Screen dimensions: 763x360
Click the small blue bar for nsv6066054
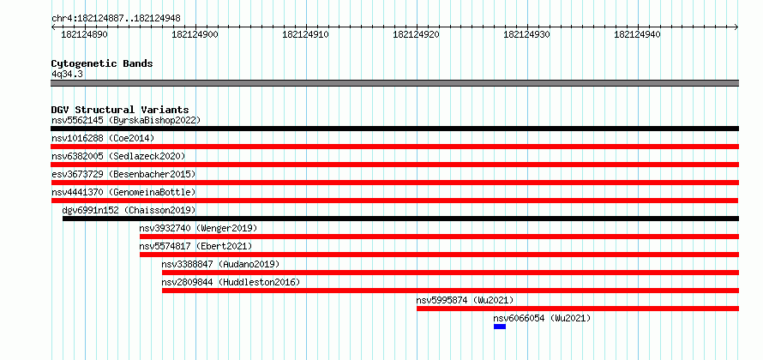[500, 327]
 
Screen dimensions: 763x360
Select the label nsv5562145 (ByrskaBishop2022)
[126, 120]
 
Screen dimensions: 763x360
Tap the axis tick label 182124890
[85, 34]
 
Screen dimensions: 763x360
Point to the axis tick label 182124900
[195, 34]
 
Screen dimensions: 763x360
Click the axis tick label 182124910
[305, 34]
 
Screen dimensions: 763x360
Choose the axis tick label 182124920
[416, 34]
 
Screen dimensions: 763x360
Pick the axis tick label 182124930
[526, 34]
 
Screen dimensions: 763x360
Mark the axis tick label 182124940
[638, 34]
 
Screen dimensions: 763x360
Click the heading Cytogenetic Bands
[102, 63]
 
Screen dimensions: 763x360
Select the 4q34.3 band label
[67, 74]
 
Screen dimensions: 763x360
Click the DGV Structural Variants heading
[120, 110]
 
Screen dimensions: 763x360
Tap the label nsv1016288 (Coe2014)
[103, 138]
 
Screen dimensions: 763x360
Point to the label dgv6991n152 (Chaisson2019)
[129, 210]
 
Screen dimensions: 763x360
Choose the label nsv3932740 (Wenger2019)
[198, 228]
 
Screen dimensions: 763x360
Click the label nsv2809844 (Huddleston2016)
[231, 282]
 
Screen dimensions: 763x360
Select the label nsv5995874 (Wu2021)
[465, 300]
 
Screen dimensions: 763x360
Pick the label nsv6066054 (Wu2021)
[542, 318]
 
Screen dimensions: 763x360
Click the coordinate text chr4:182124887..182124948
[116, 19]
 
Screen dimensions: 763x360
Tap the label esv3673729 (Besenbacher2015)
[123, 174]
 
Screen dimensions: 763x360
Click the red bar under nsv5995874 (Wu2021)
[578, 309]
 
